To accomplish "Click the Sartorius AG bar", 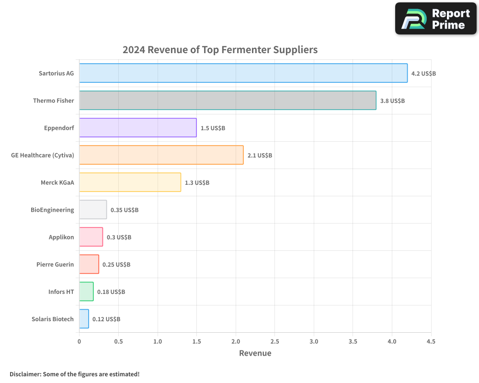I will coord(243,73).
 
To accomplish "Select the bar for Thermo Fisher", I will coord(228,101).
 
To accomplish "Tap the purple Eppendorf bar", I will coord(138,128).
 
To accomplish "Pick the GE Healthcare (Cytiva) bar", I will coord(161,155).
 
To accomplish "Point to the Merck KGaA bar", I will coord(130,182).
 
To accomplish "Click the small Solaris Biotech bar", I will coord(84,319).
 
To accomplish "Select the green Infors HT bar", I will coord(86,292).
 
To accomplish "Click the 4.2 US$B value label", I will coord(423,74).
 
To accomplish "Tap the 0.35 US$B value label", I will coord(125,210).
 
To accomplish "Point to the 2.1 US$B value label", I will coord(260,156).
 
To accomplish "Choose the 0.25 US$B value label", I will coord(116,265).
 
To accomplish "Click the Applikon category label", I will coord(61,237).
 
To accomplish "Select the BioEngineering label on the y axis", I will coord(52,210).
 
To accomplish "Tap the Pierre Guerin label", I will coord(55,264).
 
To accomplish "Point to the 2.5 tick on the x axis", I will coord(274,341).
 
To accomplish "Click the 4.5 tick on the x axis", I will coord(431,341).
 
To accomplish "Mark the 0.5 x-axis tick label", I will coord(118,341).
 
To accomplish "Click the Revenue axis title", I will coord(255,353).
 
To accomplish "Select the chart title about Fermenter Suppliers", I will coord(220,50).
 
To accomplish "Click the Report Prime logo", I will coord(435,19).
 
